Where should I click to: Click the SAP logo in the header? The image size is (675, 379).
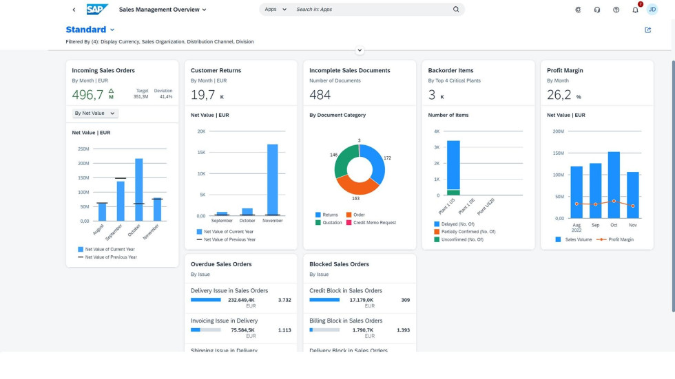(97, 10)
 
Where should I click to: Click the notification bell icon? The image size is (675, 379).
(635, 10)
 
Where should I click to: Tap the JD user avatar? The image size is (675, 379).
(652, 10)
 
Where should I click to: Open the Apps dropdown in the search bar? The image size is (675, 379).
(276, 10)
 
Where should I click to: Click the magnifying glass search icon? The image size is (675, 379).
(456, 10)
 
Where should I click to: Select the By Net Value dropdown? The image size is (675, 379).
(96, 113)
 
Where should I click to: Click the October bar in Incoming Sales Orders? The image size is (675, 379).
(139, 189)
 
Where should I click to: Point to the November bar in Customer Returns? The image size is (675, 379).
(272, 180)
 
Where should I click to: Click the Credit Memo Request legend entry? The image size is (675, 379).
(373, 223)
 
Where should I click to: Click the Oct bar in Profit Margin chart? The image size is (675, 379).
(614, 184)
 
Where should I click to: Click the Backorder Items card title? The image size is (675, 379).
(450, 70)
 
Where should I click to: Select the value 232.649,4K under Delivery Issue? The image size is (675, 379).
(241, 300)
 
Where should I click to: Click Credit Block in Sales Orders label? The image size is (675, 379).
(345, 291)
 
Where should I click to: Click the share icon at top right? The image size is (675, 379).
(647, 30)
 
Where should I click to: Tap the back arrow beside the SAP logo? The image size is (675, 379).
(74, 10)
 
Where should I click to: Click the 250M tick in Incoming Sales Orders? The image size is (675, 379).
(83, 149)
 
